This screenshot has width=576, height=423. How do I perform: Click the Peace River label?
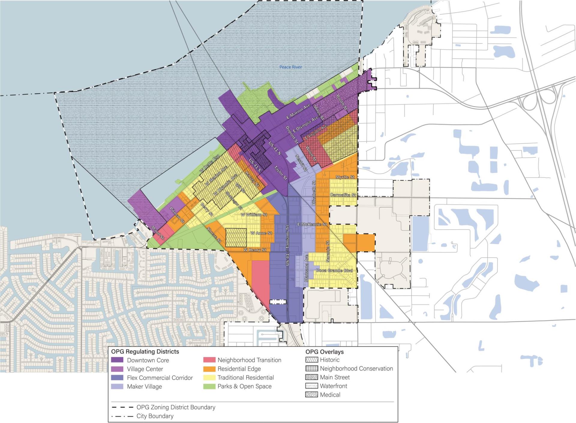(x=290, y=67)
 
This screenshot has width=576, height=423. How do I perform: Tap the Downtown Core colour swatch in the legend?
(x=117, y=360)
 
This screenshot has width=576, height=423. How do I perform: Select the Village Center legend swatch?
(x=117, y=369)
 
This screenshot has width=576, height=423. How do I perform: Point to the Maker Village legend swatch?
(x=117, y=386)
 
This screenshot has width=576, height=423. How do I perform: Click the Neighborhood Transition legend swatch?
(x=209, y=360)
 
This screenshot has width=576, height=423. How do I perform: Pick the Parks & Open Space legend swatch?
(x=209, y=386)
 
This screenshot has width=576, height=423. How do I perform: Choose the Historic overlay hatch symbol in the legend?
(x=311, y=360)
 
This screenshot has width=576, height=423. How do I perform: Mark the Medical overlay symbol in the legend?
(x=311, y=395)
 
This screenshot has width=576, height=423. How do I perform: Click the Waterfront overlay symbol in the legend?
(x=311, y=386)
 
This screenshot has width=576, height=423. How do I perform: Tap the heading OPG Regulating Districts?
(x=145, y=352)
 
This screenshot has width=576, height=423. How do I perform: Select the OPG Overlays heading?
(x=324, y=352)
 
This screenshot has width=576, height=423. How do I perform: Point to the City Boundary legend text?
(x=155, y=416)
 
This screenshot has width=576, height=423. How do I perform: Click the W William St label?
(x=254, y=215)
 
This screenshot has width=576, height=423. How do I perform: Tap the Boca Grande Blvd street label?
(x=334, y=271)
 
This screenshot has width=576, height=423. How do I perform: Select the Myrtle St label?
(x=345, y=177)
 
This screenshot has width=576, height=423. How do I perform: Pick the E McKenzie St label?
(x=312, y=225)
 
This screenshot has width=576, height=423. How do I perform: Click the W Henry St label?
(x=255, y=250)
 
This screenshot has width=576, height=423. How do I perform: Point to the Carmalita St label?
(x=343, y=195)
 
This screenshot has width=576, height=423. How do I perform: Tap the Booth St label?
(x=341, y=102)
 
